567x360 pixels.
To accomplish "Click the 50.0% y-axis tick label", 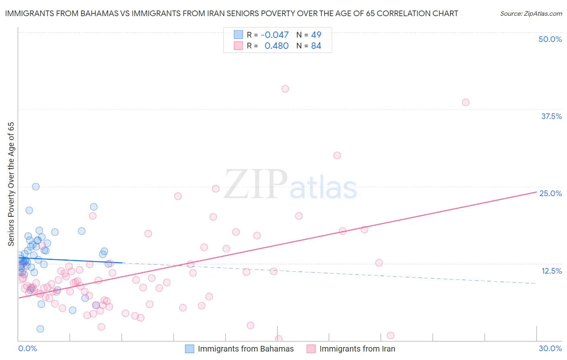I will tap(550, 39).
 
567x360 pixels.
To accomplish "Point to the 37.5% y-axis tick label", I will tap(551, 116).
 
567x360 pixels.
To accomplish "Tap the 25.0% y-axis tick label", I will tap(550, 193).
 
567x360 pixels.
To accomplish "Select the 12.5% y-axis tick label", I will tap(551, 271).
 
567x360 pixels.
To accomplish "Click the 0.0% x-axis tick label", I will tap(27, 348).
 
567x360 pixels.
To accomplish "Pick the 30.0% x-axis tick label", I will tap(550, 348).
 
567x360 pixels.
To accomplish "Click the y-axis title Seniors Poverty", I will tap(11, 184).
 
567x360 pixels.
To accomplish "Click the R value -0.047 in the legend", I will tap(275, 35).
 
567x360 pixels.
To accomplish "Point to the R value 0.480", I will tap(276, 46).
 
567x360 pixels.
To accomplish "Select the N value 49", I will tap(316, 35).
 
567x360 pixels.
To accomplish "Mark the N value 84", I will tap(316, 46).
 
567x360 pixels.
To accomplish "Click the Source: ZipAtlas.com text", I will tap(531, 14).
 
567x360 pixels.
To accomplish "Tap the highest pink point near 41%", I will tap(285, 89).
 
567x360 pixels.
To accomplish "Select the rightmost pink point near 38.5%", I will tap(465, 103).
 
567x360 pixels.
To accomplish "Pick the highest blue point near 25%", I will tap(35, 186).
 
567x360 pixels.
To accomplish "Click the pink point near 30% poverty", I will tap(337, 155).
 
